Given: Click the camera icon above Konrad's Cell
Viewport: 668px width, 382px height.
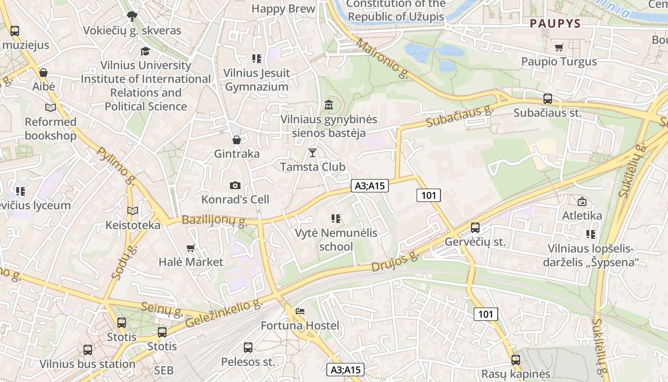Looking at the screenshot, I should click(235, 185).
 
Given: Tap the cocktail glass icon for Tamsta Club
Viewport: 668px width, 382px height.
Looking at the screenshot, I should click(313, 153).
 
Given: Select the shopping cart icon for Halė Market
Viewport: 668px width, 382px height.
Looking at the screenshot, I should click(191, 248).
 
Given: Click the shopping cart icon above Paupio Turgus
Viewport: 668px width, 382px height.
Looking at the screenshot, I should click(559, 47).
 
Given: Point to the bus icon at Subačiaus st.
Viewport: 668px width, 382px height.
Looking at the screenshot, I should click(548, 99).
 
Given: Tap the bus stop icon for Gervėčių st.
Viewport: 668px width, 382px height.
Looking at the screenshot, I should click(475, 228).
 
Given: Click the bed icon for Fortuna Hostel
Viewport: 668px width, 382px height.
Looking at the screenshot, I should click(300, 311).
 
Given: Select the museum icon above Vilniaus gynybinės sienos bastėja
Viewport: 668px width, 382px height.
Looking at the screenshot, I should click(329, 105).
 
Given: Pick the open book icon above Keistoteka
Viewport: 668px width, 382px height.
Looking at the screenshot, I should click(133, 211).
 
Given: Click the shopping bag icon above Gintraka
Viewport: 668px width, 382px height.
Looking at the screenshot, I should click(236, 139).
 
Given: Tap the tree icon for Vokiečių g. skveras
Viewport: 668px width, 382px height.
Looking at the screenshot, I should click(132, 17).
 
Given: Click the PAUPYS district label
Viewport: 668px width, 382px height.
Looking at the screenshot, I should click(555, 23).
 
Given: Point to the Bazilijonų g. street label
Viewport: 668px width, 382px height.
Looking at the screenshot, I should click(214, 221).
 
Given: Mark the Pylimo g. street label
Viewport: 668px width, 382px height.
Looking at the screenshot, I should click(116, 165).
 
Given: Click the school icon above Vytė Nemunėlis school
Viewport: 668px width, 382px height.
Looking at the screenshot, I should click(336, 219).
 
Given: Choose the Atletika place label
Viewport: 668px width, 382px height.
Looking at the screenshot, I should click(582, 215).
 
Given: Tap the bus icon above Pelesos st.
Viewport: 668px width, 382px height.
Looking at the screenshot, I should click(248, 348).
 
